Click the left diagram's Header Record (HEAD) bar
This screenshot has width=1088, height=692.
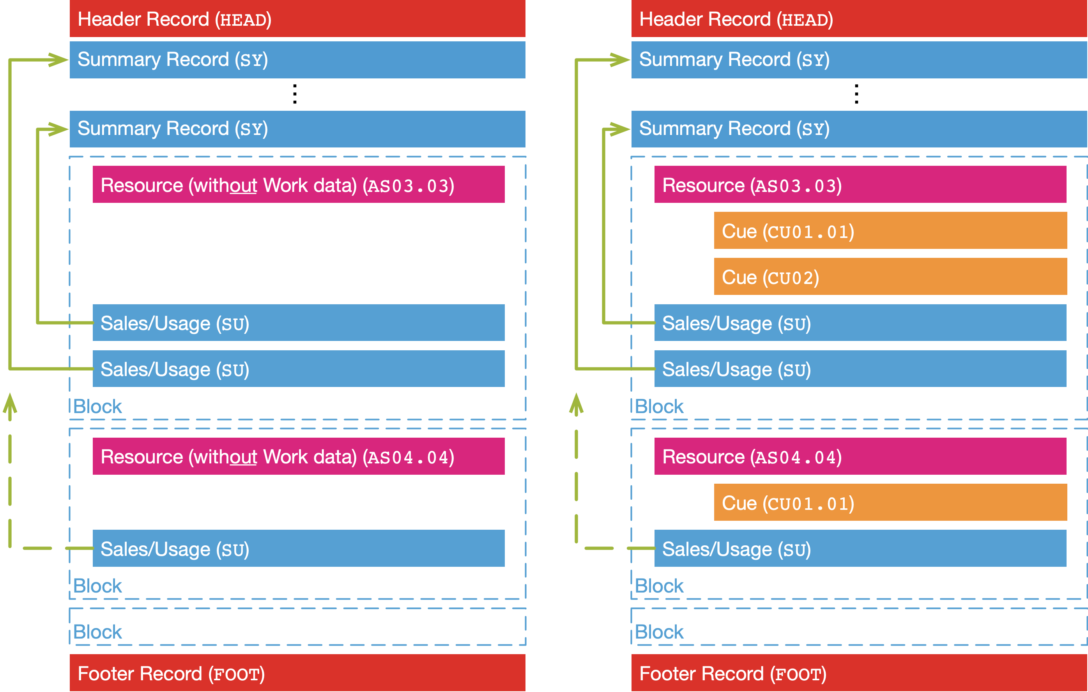click(x=297, y=19)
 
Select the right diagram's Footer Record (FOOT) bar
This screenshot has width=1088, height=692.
click(x=858, y=673)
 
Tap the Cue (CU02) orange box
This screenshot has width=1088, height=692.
click(x=890, y=277)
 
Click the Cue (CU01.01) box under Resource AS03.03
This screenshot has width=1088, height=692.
click(x=890, y=231)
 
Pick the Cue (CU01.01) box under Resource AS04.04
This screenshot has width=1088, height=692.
click(x=890, y=502)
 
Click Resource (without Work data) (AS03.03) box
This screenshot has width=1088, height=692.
click(x=298, y=185)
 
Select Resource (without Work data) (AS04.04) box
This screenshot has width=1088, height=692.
click(x=298, y=456)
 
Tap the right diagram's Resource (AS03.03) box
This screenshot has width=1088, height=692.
click(x=860, y=185)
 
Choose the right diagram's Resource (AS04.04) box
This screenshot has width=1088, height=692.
click(x=860, y=456)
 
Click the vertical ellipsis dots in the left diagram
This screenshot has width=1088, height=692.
click(x=295, y=94)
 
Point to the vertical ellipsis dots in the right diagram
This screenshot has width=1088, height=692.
click(x=856, y=94)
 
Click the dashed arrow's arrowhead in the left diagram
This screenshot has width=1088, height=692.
click(x=10, y=402)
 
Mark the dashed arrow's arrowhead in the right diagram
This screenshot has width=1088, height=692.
click(x=576, y=402)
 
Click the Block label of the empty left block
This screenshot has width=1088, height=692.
click(x=97, y=632)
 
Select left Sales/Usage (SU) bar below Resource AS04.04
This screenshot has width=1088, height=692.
click(x=298, y=548)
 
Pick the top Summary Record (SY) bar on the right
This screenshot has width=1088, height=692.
click(x=858, y=60)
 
